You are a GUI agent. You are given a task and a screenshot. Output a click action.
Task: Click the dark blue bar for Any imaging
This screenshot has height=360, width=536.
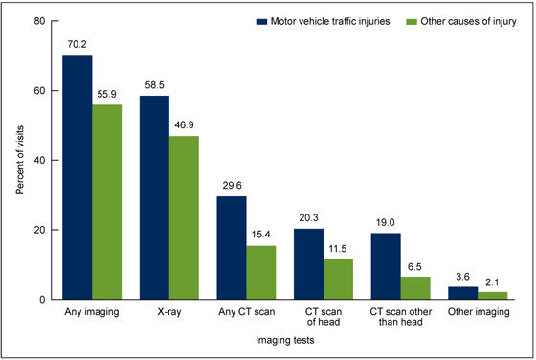tap(78, 177)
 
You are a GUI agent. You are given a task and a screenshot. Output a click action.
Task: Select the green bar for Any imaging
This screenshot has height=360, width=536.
tap(107, 202)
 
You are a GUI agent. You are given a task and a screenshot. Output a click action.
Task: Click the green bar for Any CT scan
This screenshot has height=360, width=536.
tap(262, 272)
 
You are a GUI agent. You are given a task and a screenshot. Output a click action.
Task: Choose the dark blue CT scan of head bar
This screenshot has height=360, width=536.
tap(310, 263)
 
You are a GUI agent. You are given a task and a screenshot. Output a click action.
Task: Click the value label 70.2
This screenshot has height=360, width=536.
tap(78, 45)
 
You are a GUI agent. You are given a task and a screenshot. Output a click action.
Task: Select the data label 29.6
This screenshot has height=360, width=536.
tap(233, 187)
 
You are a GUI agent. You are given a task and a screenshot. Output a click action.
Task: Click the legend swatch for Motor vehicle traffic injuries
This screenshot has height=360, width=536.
tap(260, 19)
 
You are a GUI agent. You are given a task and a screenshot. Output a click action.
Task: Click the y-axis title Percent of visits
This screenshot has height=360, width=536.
tap(19, 159)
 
